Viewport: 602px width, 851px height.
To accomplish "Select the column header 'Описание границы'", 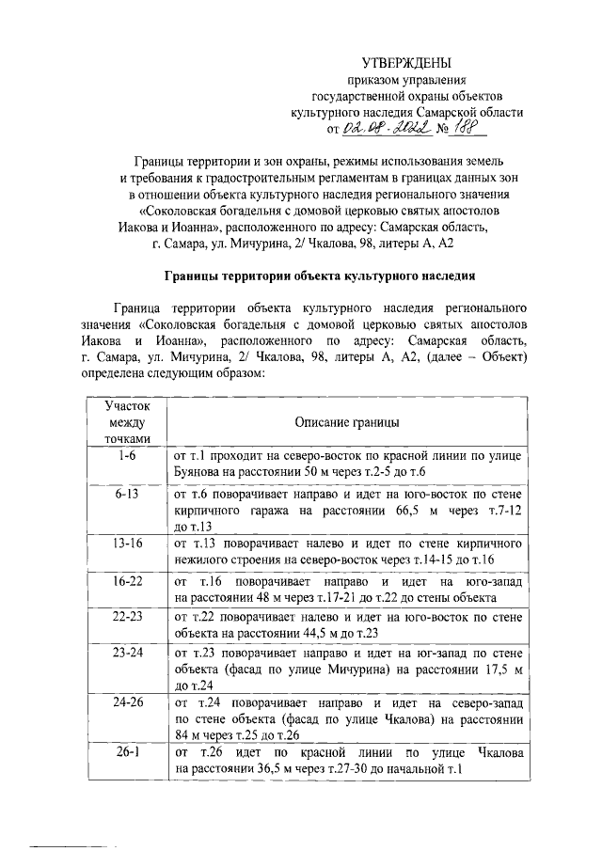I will click(346, 422).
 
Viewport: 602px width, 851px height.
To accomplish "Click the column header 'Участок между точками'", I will click(121, 421).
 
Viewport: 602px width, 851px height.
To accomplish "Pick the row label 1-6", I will click(121, 454).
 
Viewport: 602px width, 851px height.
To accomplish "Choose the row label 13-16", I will click(121, 544).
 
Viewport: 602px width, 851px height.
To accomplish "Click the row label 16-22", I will click(121, 581).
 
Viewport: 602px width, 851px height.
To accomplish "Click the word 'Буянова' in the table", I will click(199, 470).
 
